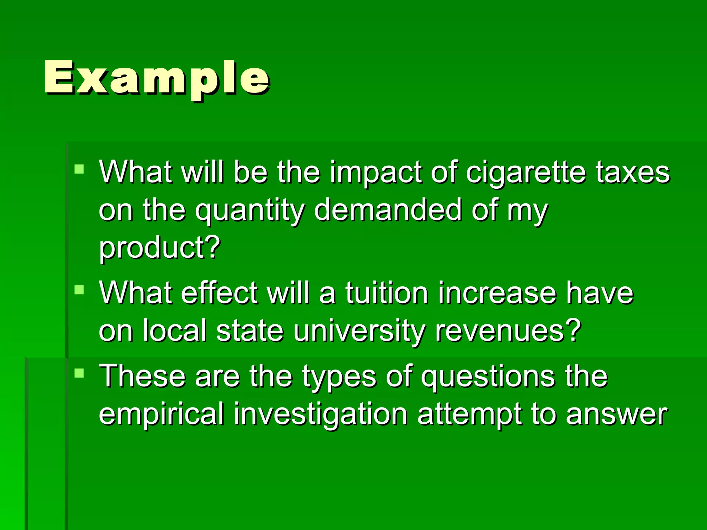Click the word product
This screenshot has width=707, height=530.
[x=159, y=248]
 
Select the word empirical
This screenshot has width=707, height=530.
[x=162, y=414]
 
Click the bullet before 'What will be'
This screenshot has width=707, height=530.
[x=79, y=169]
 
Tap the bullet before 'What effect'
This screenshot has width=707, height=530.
[x=79, y=290]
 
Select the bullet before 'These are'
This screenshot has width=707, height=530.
[x=79, y=373]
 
